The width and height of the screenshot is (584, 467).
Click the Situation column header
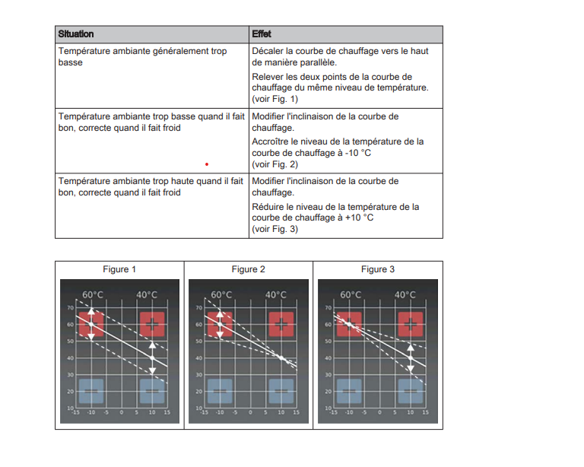(76, 34)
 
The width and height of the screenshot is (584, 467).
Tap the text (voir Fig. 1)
(275, 99)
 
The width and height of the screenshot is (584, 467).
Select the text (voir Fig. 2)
(275, 164)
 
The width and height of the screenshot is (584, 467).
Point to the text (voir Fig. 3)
(275, 229)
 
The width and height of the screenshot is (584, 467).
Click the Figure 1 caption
(119, 269)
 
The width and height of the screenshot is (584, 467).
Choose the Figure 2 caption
(249, 269)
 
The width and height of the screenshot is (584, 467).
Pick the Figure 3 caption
(378, 269)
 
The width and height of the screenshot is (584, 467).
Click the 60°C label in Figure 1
(93, 295)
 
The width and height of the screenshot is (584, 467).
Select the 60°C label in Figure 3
(351, 295)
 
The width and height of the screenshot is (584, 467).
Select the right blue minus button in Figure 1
(153, 390)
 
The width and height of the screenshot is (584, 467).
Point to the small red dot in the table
(206, 163)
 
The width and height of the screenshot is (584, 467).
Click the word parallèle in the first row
(316, 62)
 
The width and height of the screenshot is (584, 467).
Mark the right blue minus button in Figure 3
(411, 390)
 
